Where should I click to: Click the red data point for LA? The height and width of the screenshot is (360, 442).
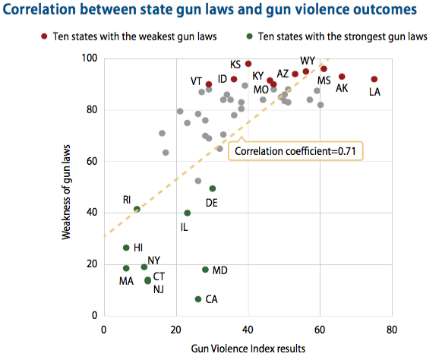[x=374, y=79]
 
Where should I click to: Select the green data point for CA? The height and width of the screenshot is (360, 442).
[x=198, y=299]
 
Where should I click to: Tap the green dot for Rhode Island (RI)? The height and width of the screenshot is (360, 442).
[x=137, y=209]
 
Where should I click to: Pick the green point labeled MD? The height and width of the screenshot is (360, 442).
[x=205, y=270]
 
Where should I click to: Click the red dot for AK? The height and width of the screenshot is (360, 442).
[x=342, y=77]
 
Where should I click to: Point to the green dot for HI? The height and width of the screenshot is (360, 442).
[x=126, y=248]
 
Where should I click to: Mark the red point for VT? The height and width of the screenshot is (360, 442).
[x=209, y=84]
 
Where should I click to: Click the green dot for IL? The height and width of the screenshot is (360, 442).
[x=188, y=213]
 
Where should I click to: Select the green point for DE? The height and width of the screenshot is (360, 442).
[x=213, y=188]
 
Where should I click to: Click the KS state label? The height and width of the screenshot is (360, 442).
[x=236, y=65]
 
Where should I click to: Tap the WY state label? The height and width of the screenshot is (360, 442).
[x=308, y=61]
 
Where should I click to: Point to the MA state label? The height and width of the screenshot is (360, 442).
[x=126, y=282]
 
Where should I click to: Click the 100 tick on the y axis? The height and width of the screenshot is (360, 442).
[x=89, y=58]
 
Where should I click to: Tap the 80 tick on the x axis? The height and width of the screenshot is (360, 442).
[x=392, y=330]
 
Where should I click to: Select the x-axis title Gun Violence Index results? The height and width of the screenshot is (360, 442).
[x=248, y=349]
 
